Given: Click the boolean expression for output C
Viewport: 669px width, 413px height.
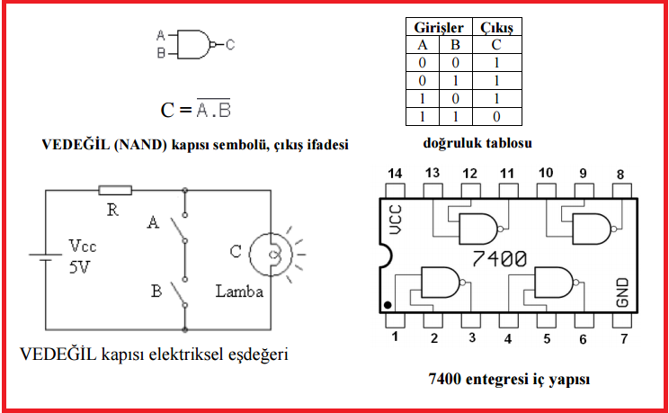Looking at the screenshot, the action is [196, 110].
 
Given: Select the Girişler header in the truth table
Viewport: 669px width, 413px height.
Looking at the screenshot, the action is [436, 29].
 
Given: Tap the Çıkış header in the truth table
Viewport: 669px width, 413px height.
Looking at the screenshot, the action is [496, 29].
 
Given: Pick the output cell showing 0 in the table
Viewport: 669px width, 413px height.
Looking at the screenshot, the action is [496, 116].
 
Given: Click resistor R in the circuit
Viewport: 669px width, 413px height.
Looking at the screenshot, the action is [114, 190].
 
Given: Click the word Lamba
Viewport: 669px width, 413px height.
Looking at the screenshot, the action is [239, 292].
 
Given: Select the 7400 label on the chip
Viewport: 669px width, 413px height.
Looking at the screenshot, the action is [499, 259].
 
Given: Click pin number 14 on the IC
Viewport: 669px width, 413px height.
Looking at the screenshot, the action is [393, 173].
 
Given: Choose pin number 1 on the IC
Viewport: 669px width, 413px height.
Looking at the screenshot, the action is [393, 338].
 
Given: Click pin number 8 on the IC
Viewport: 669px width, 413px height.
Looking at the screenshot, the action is [620, 173].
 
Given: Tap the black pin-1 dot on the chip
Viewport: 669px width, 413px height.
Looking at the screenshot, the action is [387, 304].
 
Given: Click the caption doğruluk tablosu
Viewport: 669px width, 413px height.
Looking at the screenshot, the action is [478, 143].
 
